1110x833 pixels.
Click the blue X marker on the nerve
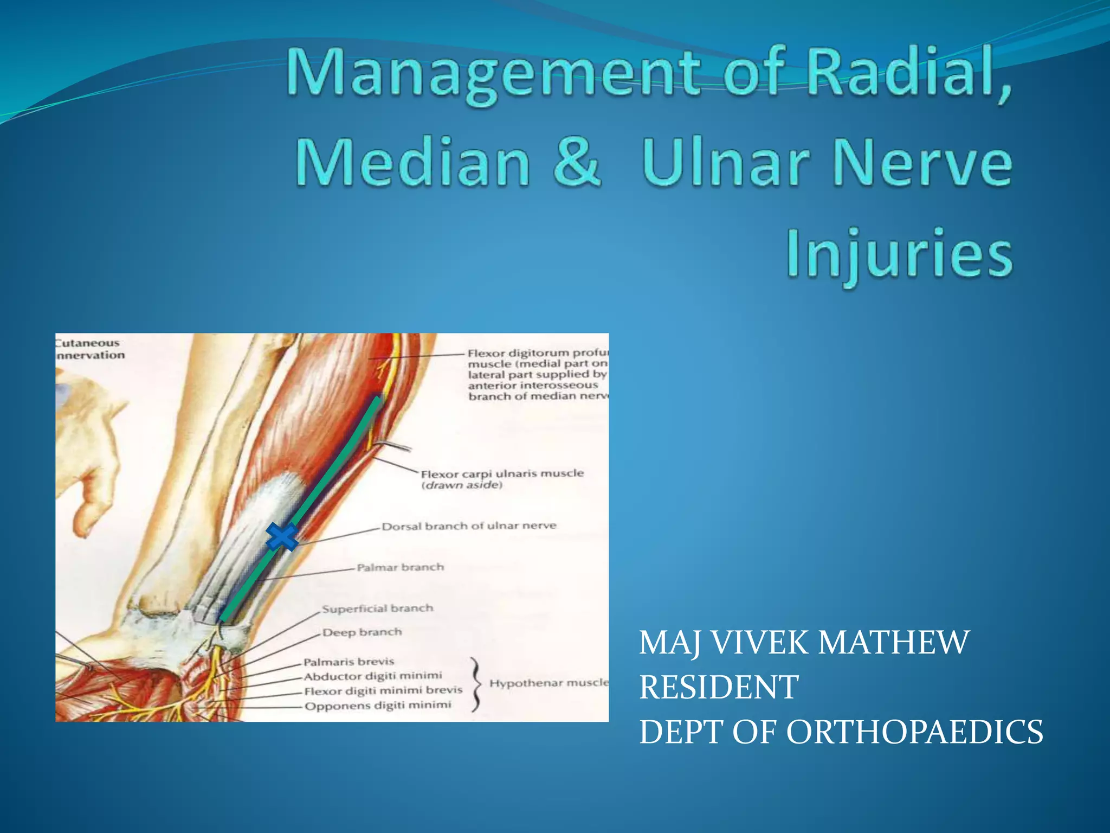pyautogui.click(x=282, y=537)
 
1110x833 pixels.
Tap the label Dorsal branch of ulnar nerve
pyautogui.click(x=469, y=526)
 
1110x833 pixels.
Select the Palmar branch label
pyautogui.click(x=400, y=567)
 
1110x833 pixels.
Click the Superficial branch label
pyautogui.click(x=377, y=608)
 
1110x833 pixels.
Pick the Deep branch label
pyautogui.click(x=362, y=632)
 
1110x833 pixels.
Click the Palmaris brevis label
pyautogui.click(x=349, y=662)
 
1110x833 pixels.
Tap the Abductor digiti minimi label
pyautogui.click(x=372, y=676)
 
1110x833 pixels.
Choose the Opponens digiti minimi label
pyautogui.click(x=377, y=705)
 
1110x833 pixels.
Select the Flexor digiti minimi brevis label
pyautogui.click(x=383, y=690)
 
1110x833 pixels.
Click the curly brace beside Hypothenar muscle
pyautogui.click(x=475, y=683)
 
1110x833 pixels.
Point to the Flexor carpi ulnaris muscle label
pyautogui.click(x=502, y=473)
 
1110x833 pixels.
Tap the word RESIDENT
pyautogui.click(x=719, y=687)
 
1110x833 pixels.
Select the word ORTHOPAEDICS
pyautogui.click(x=914, y=732)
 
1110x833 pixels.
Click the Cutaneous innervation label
pyautogui.click(x=90, y=349)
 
